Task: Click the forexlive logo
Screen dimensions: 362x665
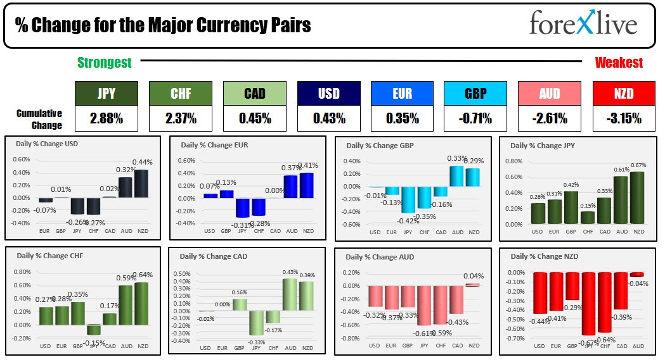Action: [x=583, y=25]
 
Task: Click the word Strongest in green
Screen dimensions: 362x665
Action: [x=105, y=62]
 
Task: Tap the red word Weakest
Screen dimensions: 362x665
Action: [x=618, y=62]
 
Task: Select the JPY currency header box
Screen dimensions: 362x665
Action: [x=107, y=93]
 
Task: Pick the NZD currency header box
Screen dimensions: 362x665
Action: [x=623, y=93]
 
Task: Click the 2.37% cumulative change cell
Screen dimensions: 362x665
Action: [x=180, y=118]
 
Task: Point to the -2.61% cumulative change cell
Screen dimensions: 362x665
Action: [x=549, y=118]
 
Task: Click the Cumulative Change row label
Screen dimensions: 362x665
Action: [x=39, y=118]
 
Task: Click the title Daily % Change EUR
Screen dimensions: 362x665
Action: [x=214, y=145]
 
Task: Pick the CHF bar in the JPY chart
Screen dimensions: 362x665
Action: [x=587, y=217]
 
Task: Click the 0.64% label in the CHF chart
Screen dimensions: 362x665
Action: [x=143, y=275]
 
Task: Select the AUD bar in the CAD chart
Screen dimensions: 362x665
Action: [x=290, y=294]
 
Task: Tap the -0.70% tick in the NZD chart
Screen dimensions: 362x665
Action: [x=515, y=339]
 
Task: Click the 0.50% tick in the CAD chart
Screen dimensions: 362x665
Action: [x=182, y=273]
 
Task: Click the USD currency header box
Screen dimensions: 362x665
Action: [x=328, y=93]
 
